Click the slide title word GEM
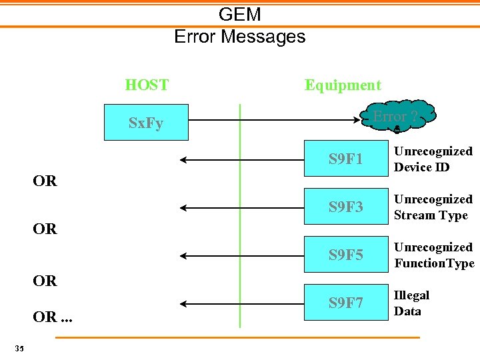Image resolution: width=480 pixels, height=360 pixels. tap(240, 14)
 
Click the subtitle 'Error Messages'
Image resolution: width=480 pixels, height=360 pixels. tap(240, 36)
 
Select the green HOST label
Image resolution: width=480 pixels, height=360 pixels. tap(147, 85)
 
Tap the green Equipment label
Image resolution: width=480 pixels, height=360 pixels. tap(343, 85)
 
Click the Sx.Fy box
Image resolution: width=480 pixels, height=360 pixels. tap(146, 123)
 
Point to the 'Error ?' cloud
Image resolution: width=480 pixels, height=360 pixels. tap(396, 117)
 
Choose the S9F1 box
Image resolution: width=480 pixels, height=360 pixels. tap(346, 159)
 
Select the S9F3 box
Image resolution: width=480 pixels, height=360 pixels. tap(346, 207)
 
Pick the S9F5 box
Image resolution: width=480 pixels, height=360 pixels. tap(346, 255)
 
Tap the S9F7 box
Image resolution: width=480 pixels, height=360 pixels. tap(346, 303)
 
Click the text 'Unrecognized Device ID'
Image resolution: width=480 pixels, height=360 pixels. tap(433, 159)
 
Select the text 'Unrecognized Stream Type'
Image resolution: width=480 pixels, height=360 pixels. tap(433, 207)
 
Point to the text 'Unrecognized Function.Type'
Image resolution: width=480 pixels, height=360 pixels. tap(434, 255)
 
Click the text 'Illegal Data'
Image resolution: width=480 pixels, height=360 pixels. tap(411, 303)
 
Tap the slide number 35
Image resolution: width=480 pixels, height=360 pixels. tap(19, 348)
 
